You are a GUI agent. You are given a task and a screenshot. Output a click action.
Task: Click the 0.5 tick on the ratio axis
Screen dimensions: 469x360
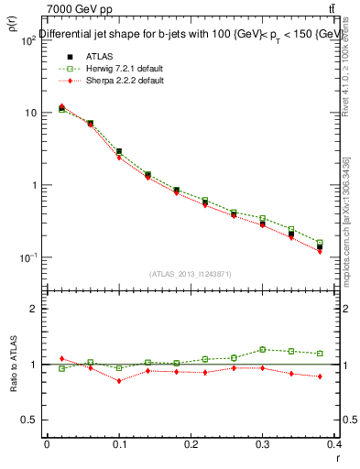click(x=28, y=420)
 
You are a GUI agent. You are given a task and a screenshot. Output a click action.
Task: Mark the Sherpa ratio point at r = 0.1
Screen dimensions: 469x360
click(x=119, y=381)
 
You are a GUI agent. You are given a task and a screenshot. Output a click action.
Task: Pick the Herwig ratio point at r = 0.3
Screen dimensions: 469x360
click(x=263, y=349)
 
